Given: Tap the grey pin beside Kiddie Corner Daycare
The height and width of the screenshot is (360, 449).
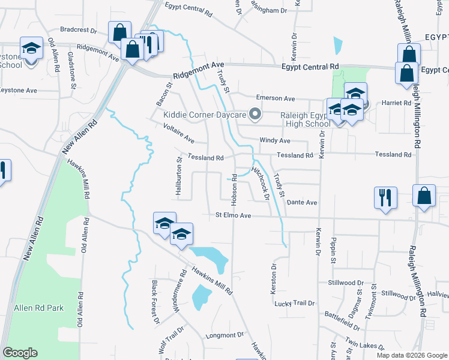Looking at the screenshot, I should point(256,113).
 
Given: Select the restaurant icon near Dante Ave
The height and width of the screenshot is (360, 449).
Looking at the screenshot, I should point(384,197).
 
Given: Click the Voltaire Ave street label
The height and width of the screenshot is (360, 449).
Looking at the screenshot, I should point(179,133).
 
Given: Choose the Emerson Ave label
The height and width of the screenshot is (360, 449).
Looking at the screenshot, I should point(276,98).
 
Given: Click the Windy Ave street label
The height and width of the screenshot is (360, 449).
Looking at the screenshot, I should point(275,140).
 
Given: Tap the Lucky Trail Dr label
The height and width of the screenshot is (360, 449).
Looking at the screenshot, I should point(295,303).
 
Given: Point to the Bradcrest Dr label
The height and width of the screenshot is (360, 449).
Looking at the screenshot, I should point(79,29).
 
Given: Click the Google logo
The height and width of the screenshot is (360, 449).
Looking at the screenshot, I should point(20,353).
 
